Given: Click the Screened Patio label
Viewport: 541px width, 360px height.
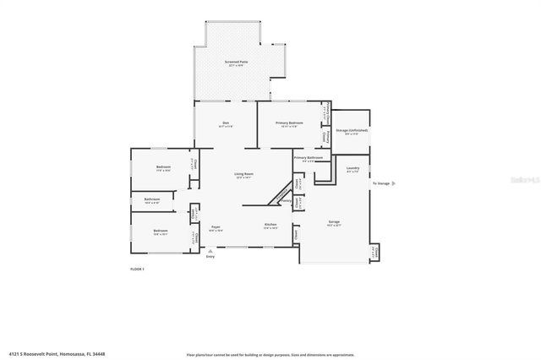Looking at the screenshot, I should (x=236, y=63).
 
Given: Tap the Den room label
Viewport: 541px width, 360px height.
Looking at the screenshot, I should (x=226, y=124).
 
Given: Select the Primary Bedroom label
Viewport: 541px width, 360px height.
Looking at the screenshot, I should (x=289, y=124).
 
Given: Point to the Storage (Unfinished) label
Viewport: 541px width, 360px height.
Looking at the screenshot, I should (x=352, y=131).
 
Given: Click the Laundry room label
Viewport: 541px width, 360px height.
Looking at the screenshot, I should (x=353, y=168).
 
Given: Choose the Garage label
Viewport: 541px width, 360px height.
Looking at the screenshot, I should (x=334, y=223).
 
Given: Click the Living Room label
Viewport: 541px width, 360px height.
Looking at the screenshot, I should (x=244, y=175).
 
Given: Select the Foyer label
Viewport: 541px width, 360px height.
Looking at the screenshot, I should (x=216, y=227).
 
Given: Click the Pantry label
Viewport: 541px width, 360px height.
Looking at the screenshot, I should (x=287, y=201).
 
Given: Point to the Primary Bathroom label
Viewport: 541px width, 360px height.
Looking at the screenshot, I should (x=309, y=158).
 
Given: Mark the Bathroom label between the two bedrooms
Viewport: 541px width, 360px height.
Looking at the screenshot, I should (x=151, y=200).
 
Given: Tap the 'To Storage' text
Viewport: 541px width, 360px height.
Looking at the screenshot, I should (x=382, y=183).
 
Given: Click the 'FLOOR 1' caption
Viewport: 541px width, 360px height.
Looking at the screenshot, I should (x=137, y=269).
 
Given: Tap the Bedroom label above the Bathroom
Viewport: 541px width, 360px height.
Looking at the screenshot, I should (x=163, y=167).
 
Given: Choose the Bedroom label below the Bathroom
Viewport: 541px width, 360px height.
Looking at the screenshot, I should (x=160, y=231).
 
